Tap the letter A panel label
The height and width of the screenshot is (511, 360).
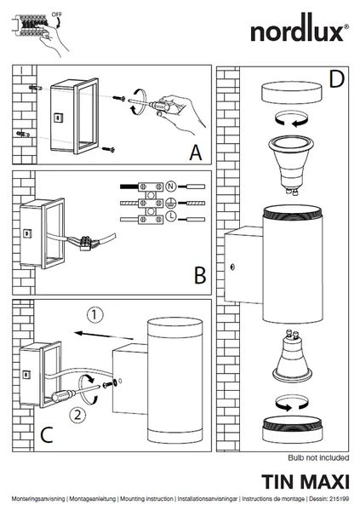(x=196, y=152)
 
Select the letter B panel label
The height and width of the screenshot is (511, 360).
(x=200, y=275)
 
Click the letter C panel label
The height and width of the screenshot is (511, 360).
(x=47, y=434)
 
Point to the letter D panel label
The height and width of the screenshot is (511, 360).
(x=336, y=79)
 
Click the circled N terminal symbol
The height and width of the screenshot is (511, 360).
(x=171, y=187)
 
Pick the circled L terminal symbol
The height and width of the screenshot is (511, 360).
(x=171, y=215)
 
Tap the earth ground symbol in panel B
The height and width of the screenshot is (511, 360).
(x=171, y=203)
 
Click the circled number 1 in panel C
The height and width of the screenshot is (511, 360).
(x=94, y=315)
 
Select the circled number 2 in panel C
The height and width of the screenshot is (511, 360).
(x=77, y=416)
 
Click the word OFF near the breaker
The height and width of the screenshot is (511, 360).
(x=57, y=14)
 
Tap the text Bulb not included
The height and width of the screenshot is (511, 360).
(x=318, y=457)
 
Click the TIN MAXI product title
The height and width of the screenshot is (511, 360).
(x=306, y=482)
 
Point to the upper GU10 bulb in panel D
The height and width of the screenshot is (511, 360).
(x=291, y=165)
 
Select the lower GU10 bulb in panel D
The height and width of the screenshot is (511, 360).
(x=292, y=356)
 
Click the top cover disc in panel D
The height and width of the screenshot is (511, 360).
(x=291, y=93)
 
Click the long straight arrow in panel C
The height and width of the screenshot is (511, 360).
(x=104, y=336)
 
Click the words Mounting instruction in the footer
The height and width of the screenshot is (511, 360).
(x=146, y=499)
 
